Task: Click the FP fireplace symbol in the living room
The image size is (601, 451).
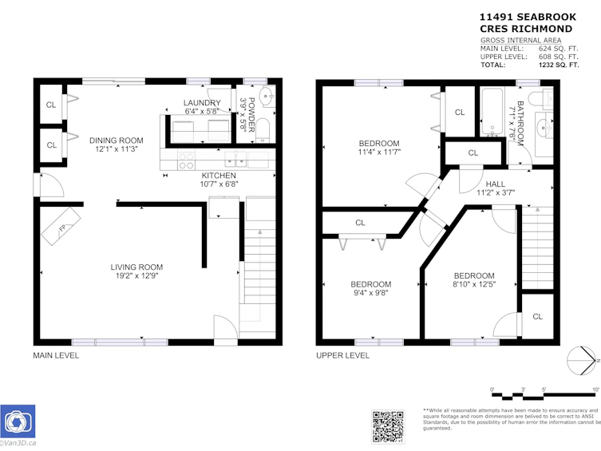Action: tap(61, 227)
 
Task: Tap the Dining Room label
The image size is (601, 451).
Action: tap(117, 140)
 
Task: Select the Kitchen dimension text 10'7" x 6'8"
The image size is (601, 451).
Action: tap(219, 184)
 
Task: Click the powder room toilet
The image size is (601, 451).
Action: tap(263, 129)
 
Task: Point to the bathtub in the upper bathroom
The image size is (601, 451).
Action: tap(492, 111)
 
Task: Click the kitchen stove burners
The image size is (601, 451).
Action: tap(186, 160)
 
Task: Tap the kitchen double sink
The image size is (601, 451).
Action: tap(235, 160)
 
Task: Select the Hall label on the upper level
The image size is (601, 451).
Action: tap(495, 184)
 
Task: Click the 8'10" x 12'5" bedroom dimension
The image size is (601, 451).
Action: tap(474, 284)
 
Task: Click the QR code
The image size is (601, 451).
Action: tap(388, 426)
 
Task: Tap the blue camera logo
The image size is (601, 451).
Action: tap(18, 421)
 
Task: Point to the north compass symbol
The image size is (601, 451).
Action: tap(582, 361)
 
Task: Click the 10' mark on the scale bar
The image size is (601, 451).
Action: tap(595, 390)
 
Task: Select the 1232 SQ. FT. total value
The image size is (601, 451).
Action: tap(559, 65)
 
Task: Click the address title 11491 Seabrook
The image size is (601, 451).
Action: tap(528, 17)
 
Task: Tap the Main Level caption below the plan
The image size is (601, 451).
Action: tap(56, 355)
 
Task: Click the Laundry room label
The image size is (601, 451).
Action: tap(202, 103)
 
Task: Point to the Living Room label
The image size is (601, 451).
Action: tap(136, 267)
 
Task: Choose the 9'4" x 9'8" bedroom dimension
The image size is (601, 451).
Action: tap(370, 293)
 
